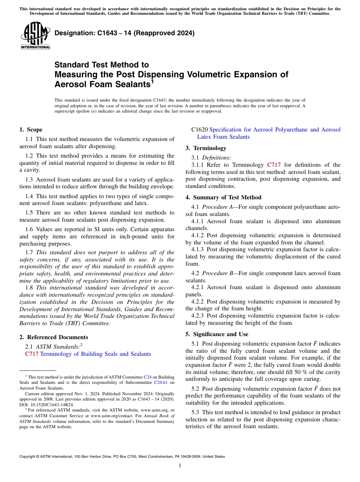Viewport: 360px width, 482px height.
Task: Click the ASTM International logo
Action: [x=35, y=36]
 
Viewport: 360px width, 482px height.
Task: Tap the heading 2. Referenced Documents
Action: [x=53, y=337]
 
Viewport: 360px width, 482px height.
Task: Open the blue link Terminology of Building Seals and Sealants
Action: [x=95, y=354]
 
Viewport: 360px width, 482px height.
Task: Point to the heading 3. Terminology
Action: [x=206, y=148]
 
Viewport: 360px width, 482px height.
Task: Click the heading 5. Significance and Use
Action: [x=217, y=334]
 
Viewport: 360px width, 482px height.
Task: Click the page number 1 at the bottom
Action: [x=180, y=465]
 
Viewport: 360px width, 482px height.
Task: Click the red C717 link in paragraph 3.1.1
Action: [x=274, y=165]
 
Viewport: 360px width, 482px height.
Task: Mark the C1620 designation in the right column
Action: [x=199, y=130]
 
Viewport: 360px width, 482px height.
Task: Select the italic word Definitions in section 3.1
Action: [x=216, y=158]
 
